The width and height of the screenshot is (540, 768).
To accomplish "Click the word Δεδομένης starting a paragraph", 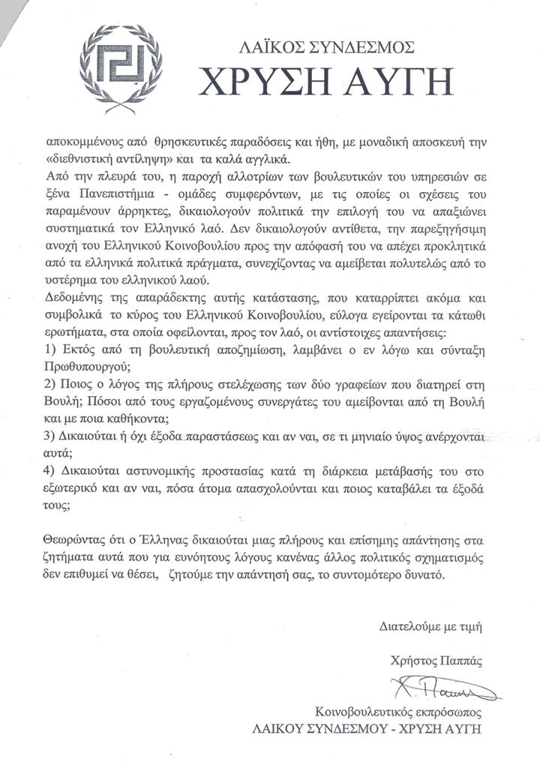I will pos(73,297).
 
